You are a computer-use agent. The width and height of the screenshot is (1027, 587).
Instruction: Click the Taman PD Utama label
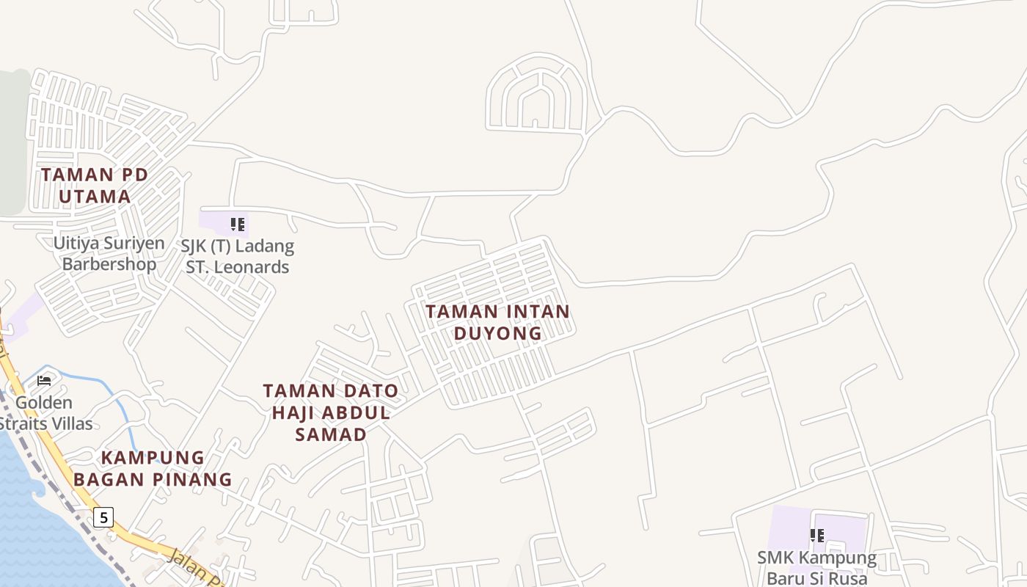click(x=95, y=186)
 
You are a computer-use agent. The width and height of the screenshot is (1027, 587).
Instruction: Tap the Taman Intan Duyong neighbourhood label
click(x=497, y=322)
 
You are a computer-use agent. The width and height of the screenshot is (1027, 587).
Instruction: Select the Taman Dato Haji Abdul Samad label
click(x=331, y=412)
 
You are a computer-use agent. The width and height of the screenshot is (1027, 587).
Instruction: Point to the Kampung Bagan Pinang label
click(x=153, y=468)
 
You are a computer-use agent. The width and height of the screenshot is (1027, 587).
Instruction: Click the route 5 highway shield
click(x=104, y=517)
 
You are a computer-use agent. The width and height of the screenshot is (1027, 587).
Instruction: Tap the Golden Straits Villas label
click(x=45, y=413)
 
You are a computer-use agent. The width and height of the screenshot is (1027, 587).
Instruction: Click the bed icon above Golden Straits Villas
click(x=44, y=380)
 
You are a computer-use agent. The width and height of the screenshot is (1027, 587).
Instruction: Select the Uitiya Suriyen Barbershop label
click(x=109, y=253)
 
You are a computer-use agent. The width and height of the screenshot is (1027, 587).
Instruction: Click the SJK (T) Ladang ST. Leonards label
click(x=238, y=256)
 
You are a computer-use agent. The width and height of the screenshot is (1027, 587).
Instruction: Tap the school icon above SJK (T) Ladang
click(x=237, y=224)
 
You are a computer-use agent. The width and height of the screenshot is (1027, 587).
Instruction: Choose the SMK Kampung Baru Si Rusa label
click(x=816, y=568)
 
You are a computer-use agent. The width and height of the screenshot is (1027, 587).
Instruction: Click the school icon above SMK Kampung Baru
click(x=816, y=536)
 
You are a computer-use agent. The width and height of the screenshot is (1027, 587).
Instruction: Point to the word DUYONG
click(x=497, y=333)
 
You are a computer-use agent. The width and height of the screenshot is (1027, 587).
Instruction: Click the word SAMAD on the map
click(x=331, y=434)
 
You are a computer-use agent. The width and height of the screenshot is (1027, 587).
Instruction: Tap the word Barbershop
click(x=109, y=264)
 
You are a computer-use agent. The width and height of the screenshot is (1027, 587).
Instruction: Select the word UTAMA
click(x=95, y=197)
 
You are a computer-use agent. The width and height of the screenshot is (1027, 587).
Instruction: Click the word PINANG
click(x=193, y=480)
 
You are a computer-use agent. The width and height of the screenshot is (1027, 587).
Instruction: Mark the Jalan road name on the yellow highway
click(x=185, y=561)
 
